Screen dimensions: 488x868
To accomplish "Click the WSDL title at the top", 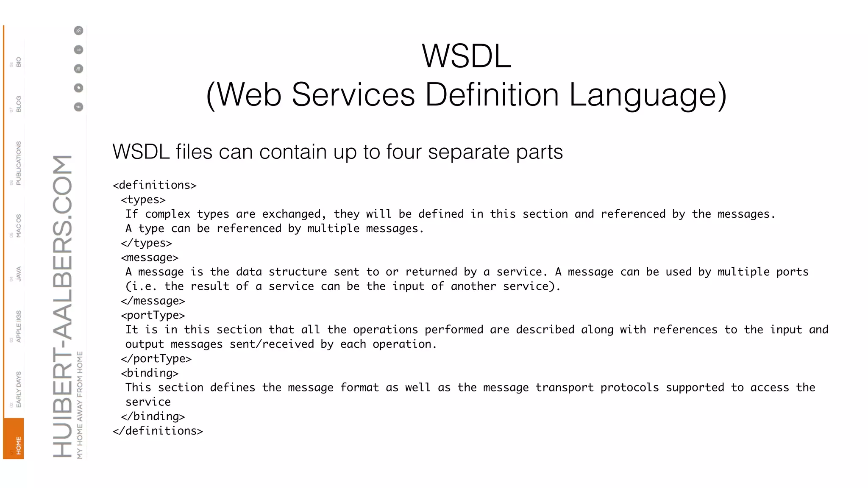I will click(x=466, y=56).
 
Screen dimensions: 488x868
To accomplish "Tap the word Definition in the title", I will click(x=492, y=94).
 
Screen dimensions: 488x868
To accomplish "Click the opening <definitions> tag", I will click(x=155, y=185).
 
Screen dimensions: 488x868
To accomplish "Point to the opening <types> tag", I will click(x=143, y=200).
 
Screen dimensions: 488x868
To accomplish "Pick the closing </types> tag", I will click(x=146, y=243).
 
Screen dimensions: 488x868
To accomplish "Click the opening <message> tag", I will click(x=150, y=258).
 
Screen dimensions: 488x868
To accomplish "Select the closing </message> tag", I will click(x=153, y=301).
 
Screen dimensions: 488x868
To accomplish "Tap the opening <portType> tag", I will click(x=153, y=315).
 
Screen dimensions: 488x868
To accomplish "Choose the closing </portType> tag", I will click(x=156, y=359).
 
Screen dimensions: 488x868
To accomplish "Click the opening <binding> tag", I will click(x=150, y=373).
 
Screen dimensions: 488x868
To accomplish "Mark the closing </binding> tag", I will click(x=153, y=416).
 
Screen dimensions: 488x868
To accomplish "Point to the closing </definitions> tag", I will click(x=158, y=431).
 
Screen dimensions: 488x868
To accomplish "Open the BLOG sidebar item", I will click(x=18, y=104).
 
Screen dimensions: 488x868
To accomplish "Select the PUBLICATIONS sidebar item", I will click(x=18, y=163).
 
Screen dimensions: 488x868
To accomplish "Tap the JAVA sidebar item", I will click(x=18, y=274).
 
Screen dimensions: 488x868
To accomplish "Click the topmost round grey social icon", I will click(x=78, y=30).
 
